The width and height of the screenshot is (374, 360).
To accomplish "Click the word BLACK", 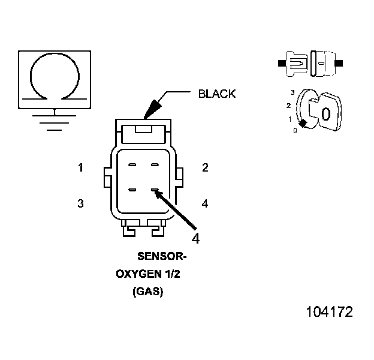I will click(x=217, y=94).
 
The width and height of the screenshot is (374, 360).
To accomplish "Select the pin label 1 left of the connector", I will click(x=80, y=168).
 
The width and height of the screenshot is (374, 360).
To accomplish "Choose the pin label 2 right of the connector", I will click(x=205, y=168).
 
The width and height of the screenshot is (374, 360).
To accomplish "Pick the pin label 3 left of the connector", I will click(x=80, y=204).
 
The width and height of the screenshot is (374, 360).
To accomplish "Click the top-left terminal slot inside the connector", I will click(x=132, y=164).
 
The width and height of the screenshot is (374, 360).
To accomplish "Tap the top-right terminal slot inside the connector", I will click(x=155, y=164).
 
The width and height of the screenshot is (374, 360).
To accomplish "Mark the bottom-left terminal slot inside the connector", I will click(x=132, y=191).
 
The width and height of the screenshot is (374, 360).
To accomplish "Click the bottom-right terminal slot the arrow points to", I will click(x=155, y=191).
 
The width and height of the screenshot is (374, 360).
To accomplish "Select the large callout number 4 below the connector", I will click(x=195, y=238).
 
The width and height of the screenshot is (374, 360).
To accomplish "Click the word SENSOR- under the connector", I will click(x=162, y=257).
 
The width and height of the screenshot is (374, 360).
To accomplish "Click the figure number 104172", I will click(x=329, y=313).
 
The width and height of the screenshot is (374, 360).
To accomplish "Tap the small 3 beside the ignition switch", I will click(x=292, y=92).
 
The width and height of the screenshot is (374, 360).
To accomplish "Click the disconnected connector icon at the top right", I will click(x=310, y=62).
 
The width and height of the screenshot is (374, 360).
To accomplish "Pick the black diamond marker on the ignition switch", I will click(x=303, y=123).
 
